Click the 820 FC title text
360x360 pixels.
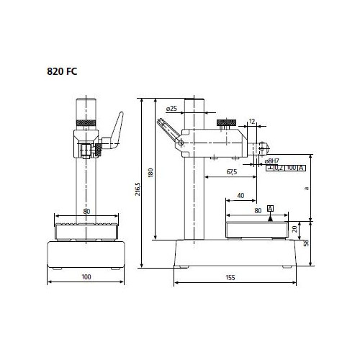point(62,71)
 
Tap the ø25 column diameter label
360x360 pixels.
point(171,109)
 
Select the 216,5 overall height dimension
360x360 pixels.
point(138,189)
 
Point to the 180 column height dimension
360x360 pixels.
point(150,173)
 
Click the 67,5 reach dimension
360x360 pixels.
point(232,172)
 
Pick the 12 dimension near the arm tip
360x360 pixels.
point(252,122)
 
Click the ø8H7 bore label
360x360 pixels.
point(271,161)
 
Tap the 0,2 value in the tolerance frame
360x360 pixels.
point(279,168)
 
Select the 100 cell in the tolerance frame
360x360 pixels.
point(291,168)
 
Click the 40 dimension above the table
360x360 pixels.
point(240,196)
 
